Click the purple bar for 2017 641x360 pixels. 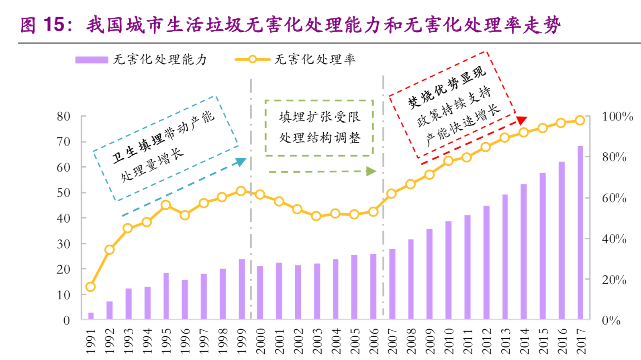coord(580,233)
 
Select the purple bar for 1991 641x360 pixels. coord(91,316)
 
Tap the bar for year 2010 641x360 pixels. coord(448,270)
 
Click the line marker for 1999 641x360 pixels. coord(241,191)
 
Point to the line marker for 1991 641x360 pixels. coord(90,287)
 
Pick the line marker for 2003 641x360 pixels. coord(316,216)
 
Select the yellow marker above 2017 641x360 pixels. coord(580,121)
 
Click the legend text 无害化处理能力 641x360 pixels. coord(159,60)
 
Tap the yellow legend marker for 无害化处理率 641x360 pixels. coord(252,59)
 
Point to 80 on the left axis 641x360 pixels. coord(63,117)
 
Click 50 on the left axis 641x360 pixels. coord(63,193)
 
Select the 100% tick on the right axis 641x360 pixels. coord(617,117)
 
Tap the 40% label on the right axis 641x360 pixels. coord(614,239)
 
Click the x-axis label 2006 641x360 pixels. coord(374,341)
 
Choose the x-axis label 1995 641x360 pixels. coord(166,341)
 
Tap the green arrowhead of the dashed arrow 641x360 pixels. coord(371,172)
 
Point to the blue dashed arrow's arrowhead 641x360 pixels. coord(241,162)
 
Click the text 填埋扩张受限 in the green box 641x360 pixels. coord(320,117)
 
